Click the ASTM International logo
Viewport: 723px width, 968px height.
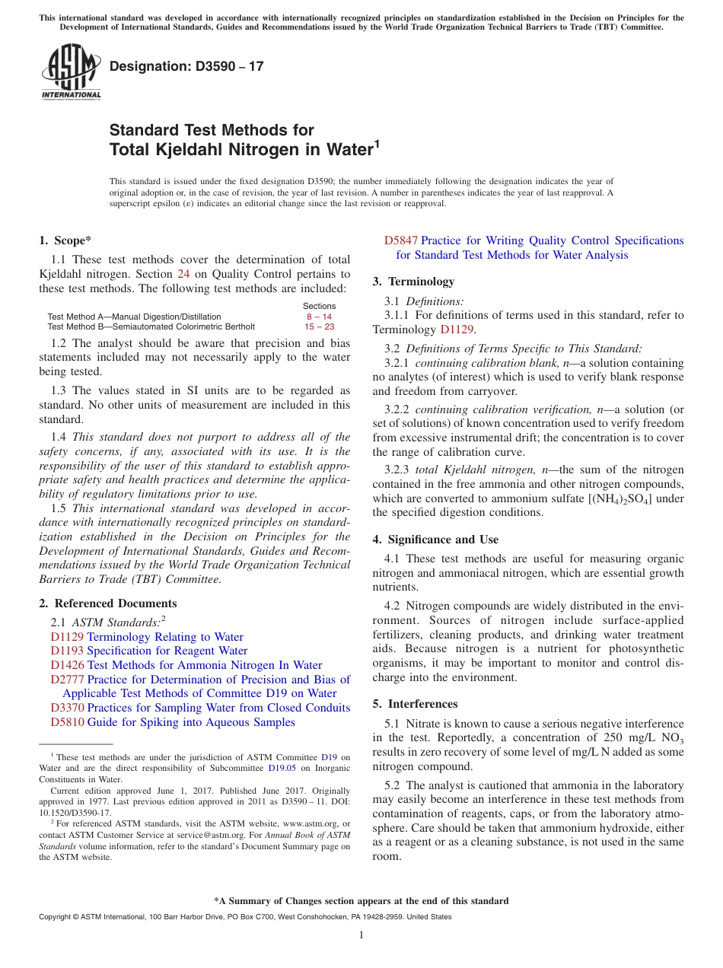71,73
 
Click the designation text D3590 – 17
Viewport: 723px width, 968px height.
186,66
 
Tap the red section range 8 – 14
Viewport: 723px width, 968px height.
319,316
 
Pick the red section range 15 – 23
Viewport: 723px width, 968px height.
319,326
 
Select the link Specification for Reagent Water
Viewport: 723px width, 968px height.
167,651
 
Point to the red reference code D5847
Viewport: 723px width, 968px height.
401,240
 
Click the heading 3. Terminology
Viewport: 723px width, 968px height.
413,282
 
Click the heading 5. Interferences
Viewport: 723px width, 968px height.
415,704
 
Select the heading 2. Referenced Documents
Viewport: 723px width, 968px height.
108,603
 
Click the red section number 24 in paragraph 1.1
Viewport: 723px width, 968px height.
183,274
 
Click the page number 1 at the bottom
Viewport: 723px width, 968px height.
361,935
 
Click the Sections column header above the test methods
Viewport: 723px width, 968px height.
319,306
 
